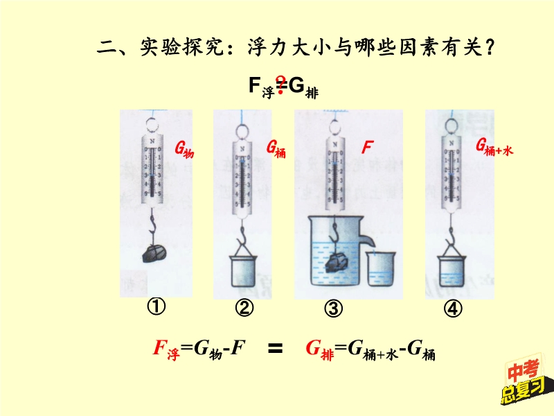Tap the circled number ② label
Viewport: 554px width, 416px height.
click(x=244, y=309)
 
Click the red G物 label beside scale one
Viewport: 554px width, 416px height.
click(x=184, y=148)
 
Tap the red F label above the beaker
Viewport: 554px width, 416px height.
click(x=367, y=147)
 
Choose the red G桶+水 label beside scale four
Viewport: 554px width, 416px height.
click(x=493, y=146)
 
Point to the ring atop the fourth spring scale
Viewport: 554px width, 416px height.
click(x=453, y=125)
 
